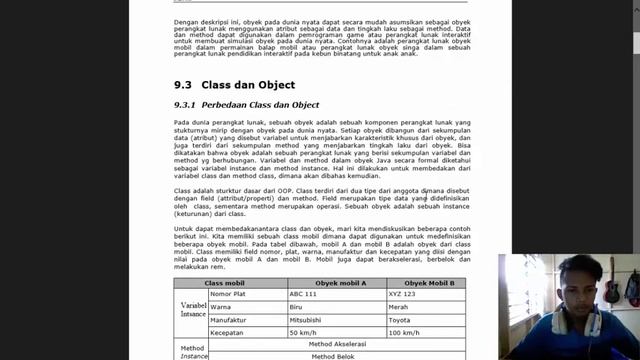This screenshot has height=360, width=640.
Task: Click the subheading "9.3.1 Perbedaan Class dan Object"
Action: [246, 105]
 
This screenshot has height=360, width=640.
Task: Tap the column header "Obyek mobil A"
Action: [337, 283]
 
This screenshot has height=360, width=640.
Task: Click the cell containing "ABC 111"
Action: [303, 294]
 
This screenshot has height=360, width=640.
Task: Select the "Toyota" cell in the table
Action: [401, 319]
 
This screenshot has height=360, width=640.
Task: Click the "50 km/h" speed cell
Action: [304, 332]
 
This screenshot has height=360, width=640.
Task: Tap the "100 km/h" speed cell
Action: [405, 332]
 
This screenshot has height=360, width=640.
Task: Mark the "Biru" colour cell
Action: [297, 307]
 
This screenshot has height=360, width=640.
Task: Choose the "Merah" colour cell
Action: [401, 307]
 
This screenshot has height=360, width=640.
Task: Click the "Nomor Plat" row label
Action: [226, 294]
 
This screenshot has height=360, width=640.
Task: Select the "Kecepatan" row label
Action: [226, 332]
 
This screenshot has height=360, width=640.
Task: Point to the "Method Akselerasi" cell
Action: [337, 344]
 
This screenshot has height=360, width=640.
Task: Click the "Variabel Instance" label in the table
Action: [192, 308]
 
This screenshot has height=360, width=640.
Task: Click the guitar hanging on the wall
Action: [611, 283]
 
